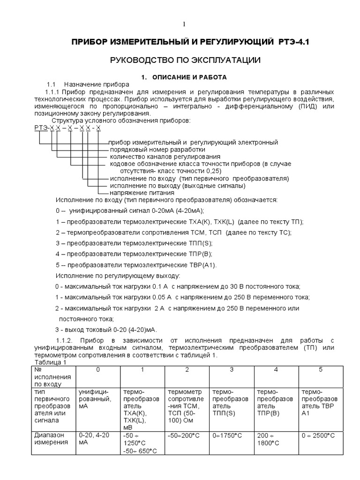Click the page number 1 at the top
[184, 24]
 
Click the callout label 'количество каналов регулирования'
[165, 156]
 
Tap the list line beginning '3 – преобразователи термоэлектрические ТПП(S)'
[134, 243]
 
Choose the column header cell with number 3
[232, 370]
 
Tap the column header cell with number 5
[321, 370]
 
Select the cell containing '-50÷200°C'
[183, 435]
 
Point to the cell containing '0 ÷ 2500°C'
[319, 435]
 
